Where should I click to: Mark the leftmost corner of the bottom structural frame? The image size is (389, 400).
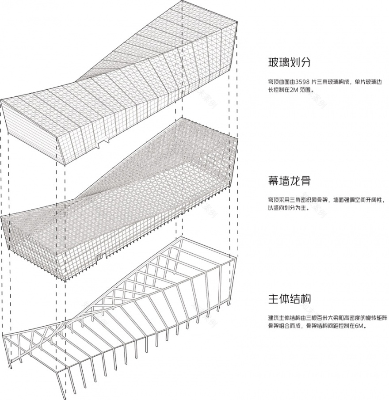click(3, 336)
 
